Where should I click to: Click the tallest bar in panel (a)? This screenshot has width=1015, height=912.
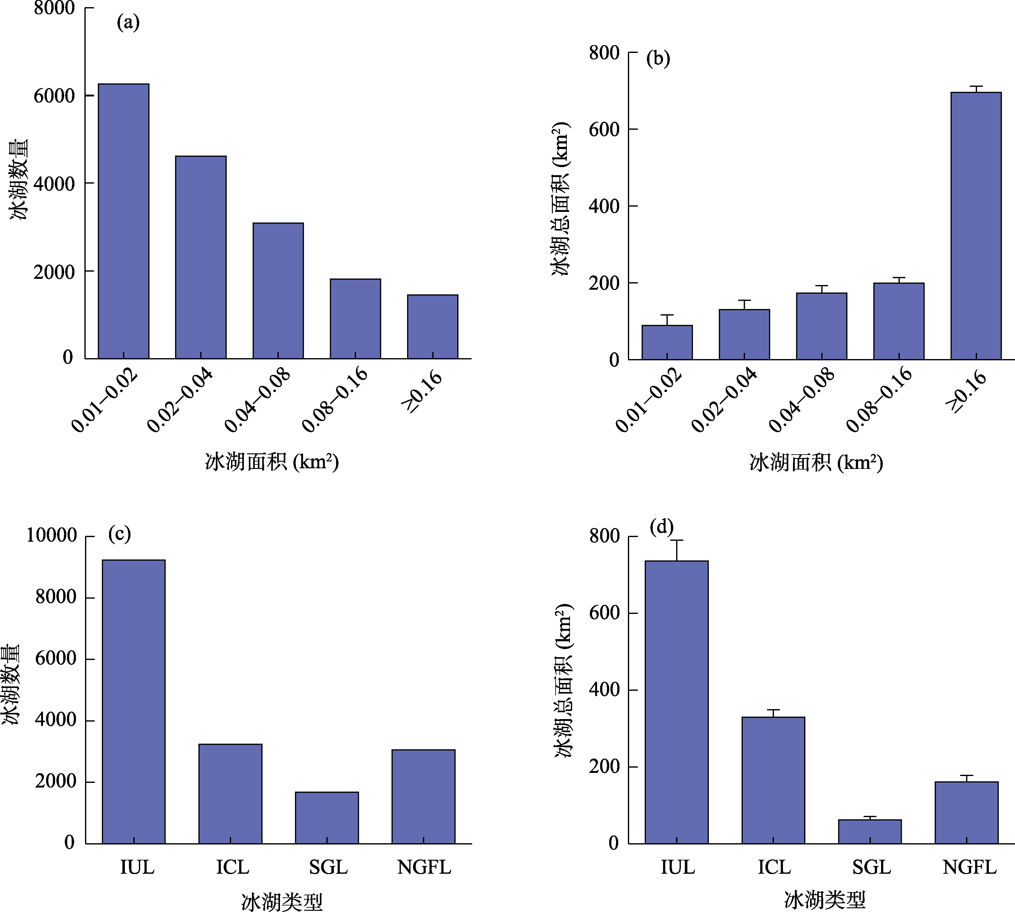[x=123, y=221]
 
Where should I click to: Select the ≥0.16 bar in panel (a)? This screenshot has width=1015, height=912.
[x=432, y=327]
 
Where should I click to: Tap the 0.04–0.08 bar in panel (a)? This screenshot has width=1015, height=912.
[x=278, y=291]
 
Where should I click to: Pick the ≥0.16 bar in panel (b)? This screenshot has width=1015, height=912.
[x=976, y=226]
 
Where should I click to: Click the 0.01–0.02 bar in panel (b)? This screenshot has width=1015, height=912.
[x=667, y=342]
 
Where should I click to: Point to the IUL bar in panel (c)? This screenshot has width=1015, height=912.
[x=133, y=702]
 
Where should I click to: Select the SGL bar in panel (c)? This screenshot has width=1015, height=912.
[x=327, y=818]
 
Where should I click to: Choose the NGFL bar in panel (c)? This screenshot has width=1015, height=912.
[x=423, y=797]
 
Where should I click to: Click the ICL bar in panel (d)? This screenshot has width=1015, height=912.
[x=773, y=780]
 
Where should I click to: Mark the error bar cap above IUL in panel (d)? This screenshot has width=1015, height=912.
[x=676, y=540]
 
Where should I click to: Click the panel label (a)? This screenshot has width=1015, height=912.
[x=128, y=22]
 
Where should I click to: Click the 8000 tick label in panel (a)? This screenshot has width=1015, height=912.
[x=54, y=8]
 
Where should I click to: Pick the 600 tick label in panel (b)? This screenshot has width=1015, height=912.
[x=604, y=129]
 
